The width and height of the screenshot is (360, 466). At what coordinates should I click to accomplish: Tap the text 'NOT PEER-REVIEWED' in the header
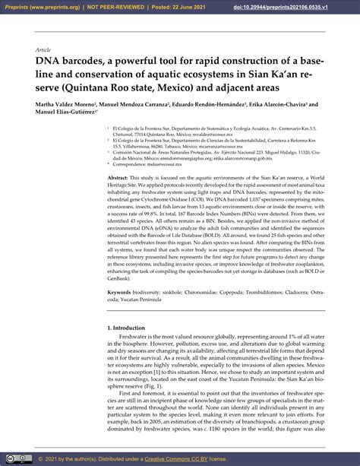coord(112,7)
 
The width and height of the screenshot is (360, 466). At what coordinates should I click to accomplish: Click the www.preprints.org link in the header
coord(52,7)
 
